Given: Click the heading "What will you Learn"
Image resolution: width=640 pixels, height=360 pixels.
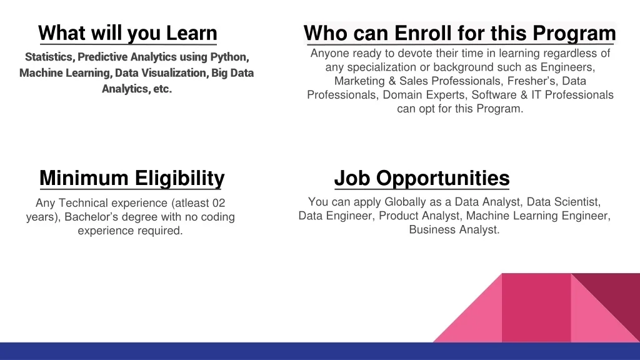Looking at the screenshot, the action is [x=127, y=34].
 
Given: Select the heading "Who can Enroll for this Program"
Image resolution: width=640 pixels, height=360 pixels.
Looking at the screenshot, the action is [x=459, y=34].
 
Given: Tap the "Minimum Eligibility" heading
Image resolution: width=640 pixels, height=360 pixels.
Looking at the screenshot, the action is [x=132, y=178].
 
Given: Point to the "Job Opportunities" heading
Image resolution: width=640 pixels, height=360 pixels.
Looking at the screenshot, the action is [x=422, y=178].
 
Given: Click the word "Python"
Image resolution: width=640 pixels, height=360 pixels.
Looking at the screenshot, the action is [x=229, y=57].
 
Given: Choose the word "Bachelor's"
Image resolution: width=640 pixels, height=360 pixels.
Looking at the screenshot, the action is [x=91, y=217].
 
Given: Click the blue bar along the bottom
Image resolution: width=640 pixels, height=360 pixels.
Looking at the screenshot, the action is [x=320, y=351].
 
